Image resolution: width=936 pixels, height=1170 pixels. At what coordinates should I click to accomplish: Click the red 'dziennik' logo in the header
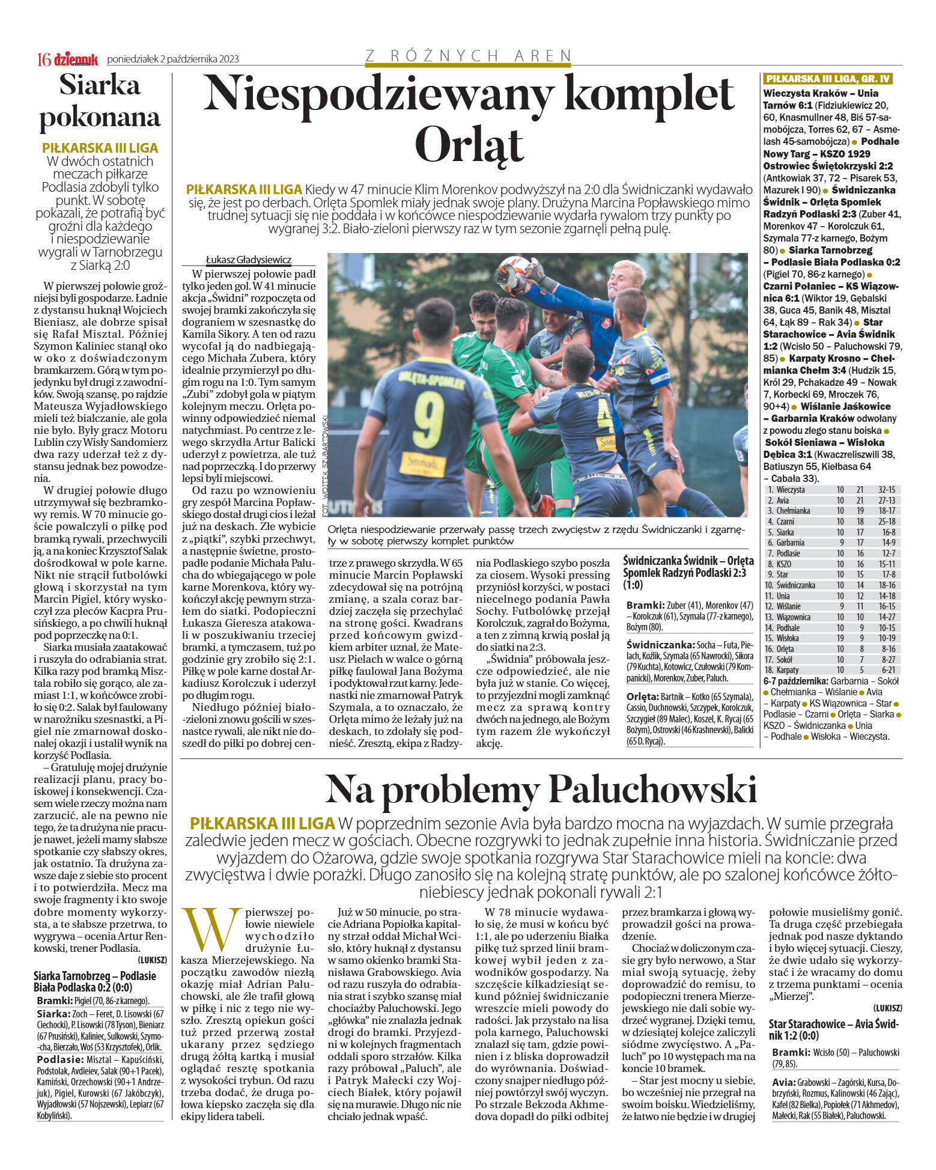coord(76,58)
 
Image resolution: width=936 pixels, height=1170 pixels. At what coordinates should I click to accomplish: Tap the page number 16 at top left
coord(44,59)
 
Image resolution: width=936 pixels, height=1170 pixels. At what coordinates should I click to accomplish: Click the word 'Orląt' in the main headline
coord(469,144)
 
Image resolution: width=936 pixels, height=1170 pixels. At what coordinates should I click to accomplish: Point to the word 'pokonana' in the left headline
coord(100,117)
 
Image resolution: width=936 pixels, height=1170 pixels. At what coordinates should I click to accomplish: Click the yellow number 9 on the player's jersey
coord(428,419)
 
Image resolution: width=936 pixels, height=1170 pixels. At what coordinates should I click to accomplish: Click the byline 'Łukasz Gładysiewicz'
coord(249,260)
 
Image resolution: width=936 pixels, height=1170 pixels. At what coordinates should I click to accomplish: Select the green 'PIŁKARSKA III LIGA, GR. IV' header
coord(828,79)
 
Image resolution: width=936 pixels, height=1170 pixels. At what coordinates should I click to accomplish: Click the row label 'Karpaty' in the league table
coord(788,670)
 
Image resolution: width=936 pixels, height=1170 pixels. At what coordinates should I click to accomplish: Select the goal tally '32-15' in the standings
coord(886,490)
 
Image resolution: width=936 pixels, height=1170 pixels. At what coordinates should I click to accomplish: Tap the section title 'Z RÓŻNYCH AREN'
coord(468,56)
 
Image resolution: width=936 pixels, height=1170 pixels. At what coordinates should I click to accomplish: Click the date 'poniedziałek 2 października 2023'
coord(173,59)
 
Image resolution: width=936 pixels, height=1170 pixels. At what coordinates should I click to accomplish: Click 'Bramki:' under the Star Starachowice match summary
coord(791,1053)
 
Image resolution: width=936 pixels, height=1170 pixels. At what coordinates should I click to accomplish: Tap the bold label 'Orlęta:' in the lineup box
coord(642,696)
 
